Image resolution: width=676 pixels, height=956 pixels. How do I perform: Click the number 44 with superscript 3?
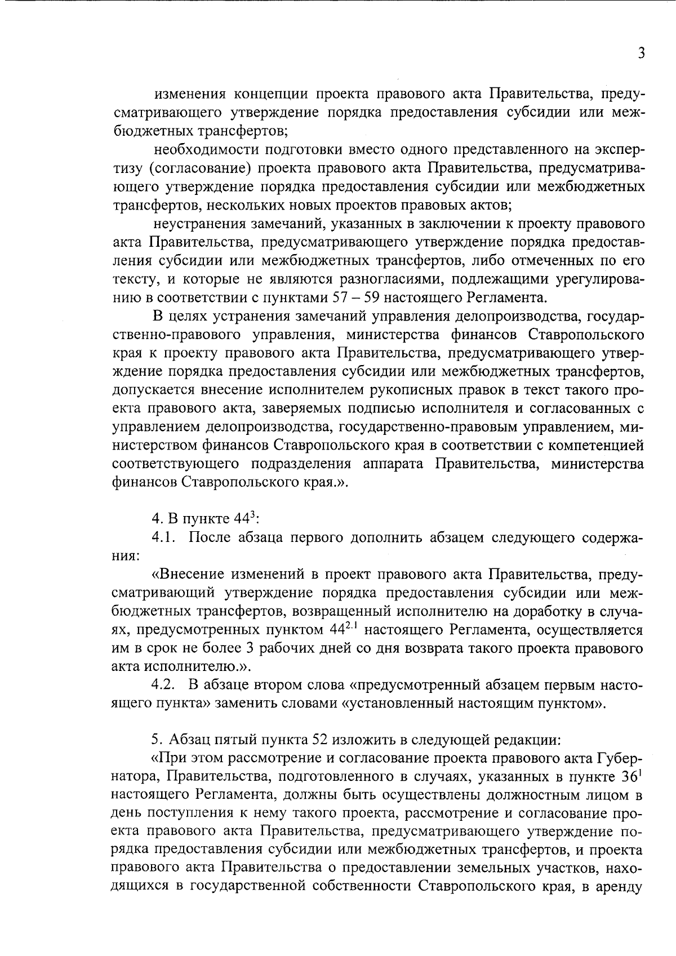point(243,519)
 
